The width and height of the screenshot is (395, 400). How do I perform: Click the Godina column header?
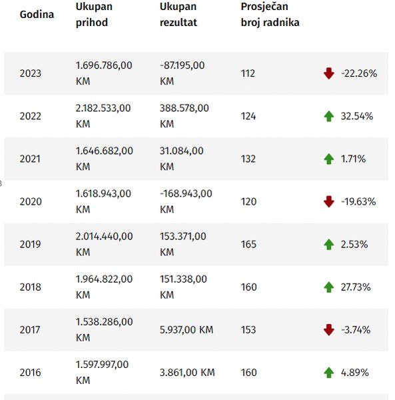(x=37, y=15)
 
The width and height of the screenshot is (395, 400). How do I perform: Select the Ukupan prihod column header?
(x=94, y=14)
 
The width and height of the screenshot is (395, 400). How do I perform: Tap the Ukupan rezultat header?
(x=178, y=14)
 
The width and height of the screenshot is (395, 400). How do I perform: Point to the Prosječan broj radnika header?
(x=270, y=14)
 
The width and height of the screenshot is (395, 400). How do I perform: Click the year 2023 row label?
(x=31, y=73)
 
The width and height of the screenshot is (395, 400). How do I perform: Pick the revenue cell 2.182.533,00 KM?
(x=103, y=116)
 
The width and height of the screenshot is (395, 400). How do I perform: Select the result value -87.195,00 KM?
(x=182, y=73)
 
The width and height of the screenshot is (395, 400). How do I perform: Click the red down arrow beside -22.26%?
(x=329, y=73)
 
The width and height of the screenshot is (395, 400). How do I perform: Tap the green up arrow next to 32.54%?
(x=329, y=116)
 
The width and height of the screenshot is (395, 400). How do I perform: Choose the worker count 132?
(x=248, y=159)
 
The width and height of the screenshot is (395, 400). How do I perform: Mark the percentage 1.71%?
(x=353, y=159)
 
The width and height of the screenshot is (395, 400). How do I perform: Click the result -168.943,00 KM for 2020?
(x=186, y=201)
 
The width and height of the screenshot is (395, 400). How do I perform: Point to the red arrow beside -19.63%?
(x=329, y=202)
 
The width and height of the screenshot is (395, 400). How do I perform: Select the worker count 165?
(x=248, y=245)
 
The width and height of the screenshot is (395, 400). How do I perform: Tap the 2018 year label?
(x=31, y=287)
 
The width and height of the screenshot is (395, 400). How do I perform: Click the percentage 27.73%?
(x=356, y=287)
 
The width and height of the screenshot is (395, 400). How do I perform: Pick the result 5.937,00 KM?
(x=187, y=330)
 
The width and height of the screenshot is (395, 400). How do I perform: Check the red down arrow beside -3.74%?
(x=329, y=330)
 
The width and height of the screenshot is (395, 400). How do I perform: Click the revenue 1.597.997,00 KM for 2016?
(x=102, y=372)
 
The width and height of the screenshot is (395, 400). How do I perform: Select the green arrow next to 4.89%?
(x=329, y=373)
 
